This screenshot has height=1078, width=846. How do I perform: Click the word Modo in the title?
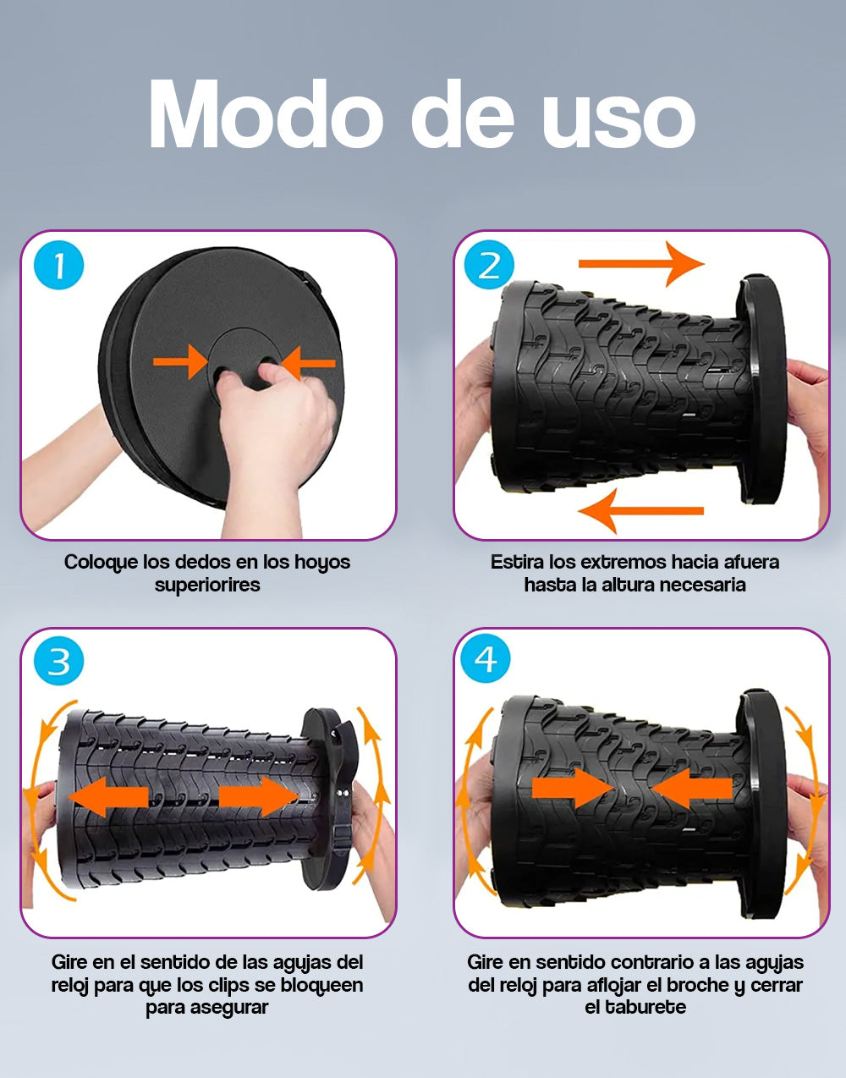point(266,114)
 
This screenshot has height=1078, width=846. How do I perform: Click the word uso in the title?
point(619,119)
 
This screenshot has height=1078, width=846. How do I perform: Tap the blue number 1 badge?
point(58,265)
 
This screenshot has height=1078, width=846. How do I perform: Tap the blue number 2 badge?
point(489,265)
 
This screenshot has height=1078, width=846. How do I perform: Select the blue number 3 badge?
point(58,662)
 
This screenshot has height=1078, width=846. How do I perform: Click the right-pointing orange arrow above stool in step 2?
point(641,263)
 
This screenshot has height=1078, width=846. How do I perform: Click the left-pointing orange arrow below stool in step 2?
point(640,510)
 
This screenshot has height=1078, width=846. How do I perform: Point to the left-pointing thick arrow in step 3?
point(108,797)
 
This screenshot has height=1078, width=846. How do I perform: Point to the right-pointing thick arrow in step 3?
point(259,797)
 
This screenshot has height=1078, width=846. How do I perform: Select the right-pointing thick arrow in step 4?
point(573,788)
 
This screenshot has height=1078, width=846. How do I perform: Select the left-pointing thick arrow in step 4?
point(692,788)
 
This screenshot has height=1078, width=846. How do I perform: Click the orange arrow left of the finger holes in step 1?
point(181,362)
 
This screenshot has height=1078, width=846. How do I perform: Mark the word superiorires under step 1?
point(207,586)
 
